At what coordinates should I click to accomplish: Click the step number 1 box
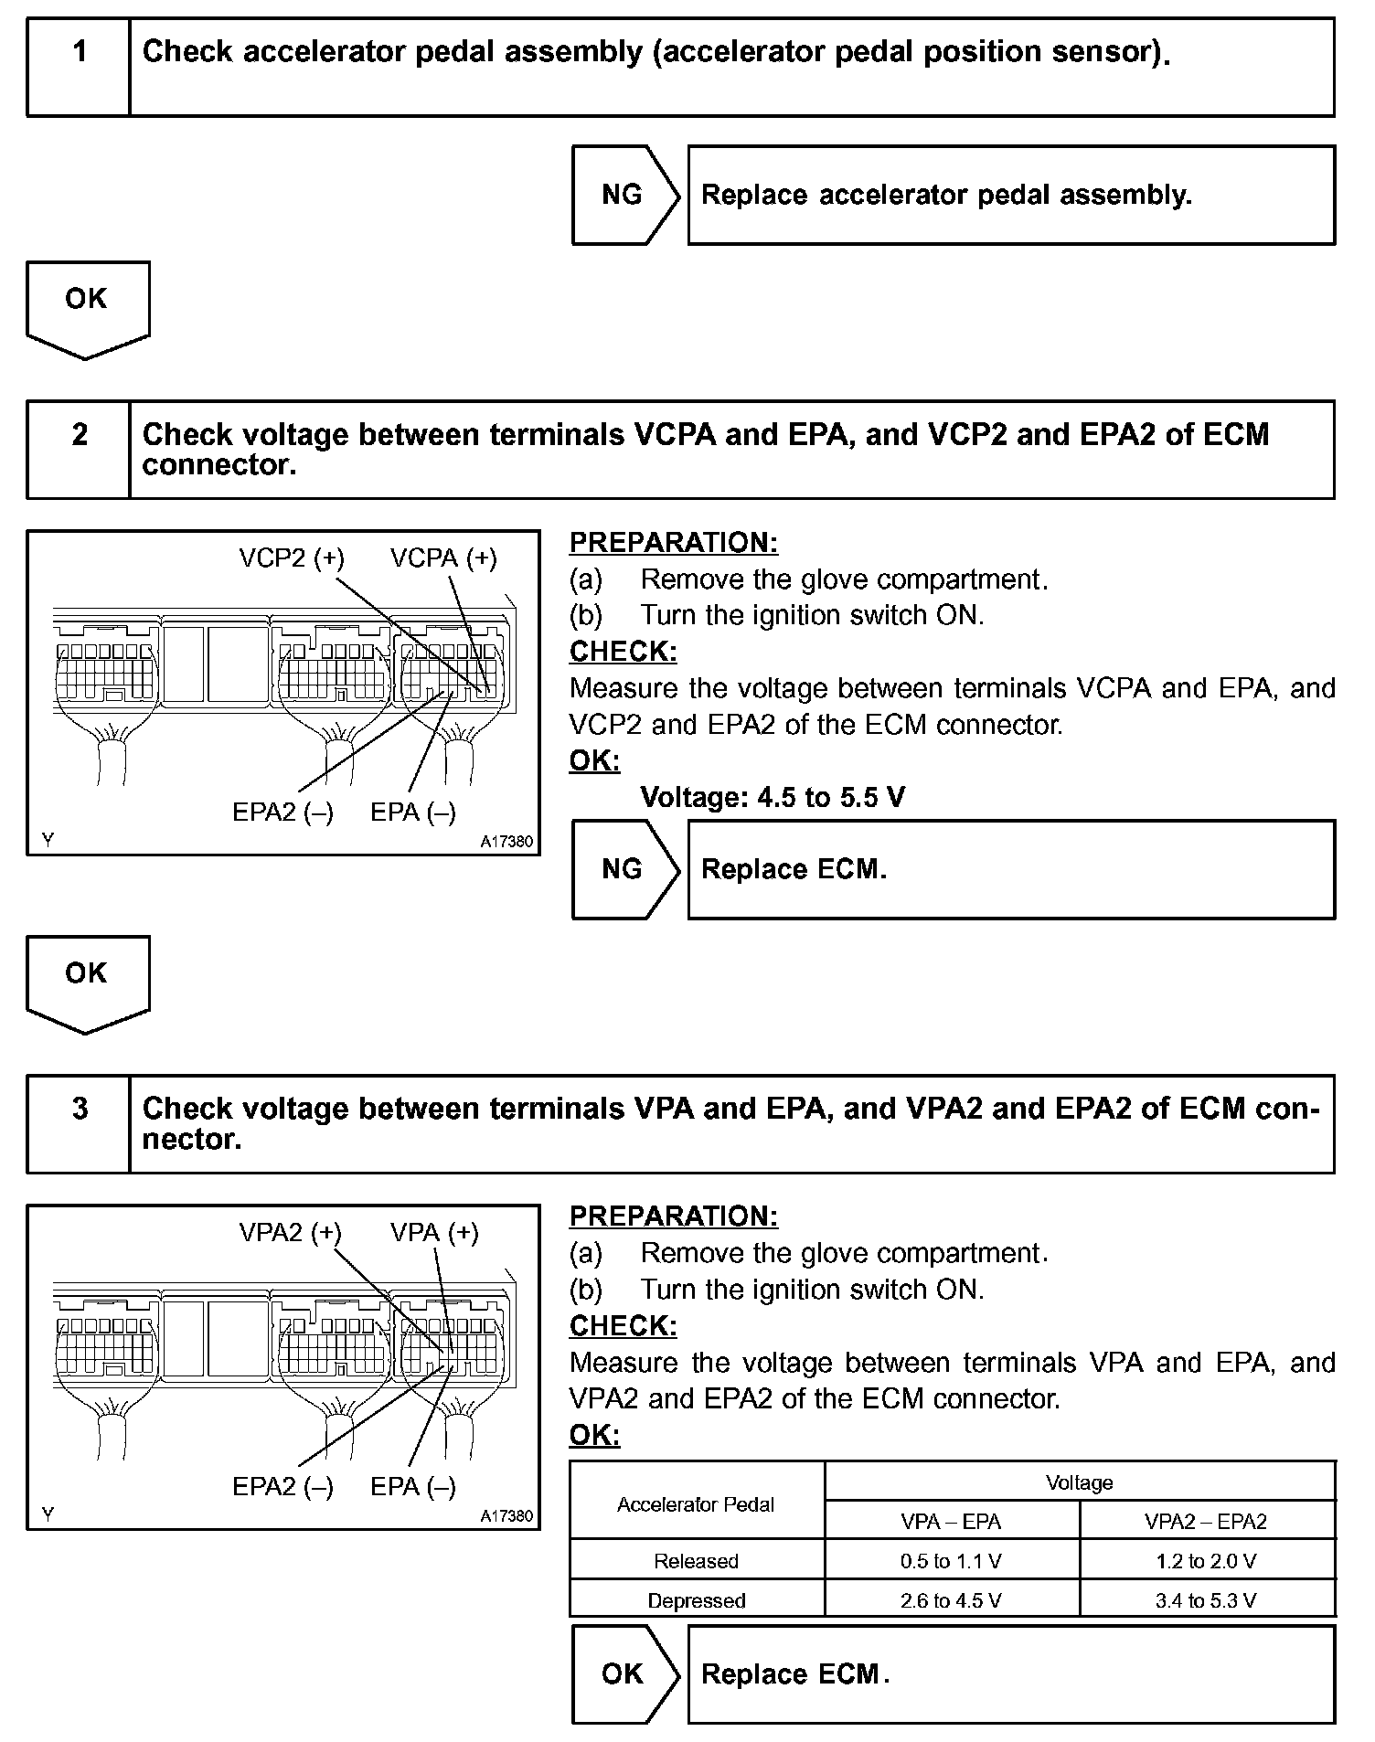pos(79,67)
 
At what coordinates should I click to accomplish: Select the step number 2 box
pos(79,449)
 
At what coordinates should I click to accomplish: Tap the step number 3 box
pos(79,1123)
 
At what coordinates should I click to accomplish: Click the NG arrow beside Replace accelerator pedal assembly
pos(624,195)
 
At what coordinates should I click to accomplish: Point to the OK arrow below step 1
pos(87,307)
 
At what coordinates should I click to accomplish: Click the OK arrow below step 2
pos(87,982)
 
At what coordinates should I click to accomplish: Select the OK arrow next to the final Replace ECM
pos(624,1673)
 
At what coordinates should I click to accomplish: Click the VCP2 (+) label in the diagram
pos(292,558)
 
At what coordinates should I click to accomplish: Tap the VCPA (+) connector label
pos(443,558)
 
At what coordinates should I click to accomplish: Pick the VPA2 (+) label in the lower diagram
pos(290,1232)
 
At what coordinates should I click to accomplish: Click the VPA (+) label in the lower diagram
pos(434,1232)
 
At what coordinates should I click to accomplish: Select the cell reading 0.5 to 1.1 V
pos(951,1560)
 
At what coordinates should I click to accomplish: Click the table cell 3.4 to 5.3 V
pos(1206,1599)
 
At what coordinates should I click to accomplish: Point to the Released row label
pos(696,1560)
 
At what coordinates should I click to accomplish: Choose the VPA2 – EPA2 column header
pos(1206,1521)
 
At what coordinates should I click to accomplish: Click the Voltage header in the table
pos(1079,1482)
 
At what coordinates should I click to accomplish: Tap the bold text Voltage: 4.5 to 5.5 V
pos(773,797)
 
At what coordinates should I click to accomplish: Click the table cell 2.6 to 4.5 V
pos(951,1599)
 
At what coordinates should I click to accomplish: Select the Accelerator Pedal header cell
pos(696,1503)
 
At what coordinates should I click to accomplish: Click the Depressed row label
pos(696,1599)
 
